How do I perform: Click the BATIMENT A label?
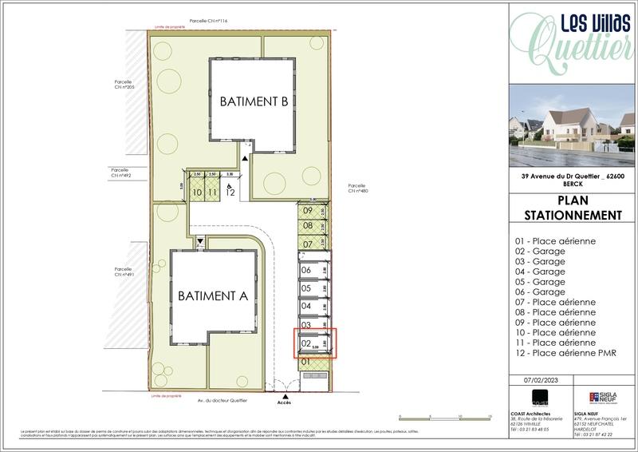pos(213,295)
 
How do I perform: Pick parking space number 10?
pos(196,192)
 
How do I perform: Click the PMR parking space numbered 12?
pos(230,192)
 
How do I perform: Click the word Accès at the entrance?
pos(285,402)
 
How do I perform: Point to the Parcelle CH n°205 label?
pos(124,85)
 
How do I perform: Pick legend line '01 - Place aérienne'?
pos(556,241)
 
